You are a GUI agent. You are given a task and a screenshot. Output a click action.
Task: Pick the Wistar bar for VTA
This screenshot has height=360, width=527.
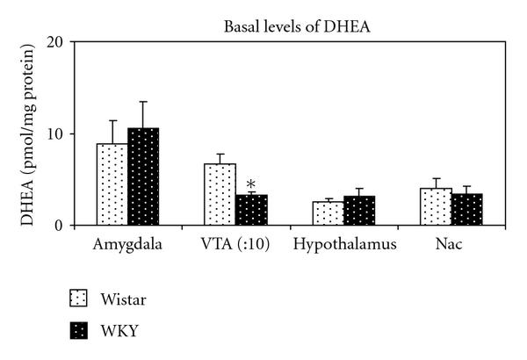click(220, 194)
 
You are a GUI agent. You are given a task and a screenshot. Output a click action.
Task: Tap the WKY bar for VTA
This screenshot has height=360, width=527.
click(251, 210)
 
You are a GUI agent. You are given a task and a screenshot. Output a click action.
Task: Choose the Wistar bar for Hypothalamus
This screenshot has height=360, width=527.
click(328, 213)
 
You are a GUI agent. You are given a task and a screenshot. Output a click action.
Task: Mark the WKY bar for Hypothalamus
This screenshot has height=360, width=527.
click(359, 211)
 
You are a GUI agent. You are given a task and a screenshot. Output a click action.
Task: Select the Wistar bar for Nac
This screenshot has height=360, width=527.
click(436, 206)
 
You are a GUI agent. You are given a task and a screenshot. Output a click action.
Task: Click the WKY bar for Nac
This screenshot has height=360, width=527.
click(466, 209)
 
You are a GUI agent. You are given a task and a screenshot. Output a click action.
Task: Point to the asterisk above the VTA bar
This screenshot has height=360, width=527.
click(251, 184)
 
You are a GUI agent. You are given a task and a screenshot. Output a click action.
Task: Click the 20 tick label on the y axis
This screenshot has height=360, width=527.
click(55, 42)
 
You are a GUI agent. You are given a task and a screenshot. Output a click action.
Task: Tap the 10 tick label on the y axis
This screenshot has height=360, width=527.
click(55, 134)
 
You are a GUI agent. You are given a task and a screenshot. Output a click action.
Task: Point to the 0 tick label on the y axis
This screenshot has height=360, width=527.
click(59, 226)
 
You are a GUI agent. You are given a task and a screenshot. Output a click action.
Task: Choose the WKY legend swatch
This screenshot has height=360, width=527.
click(78, 330)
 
